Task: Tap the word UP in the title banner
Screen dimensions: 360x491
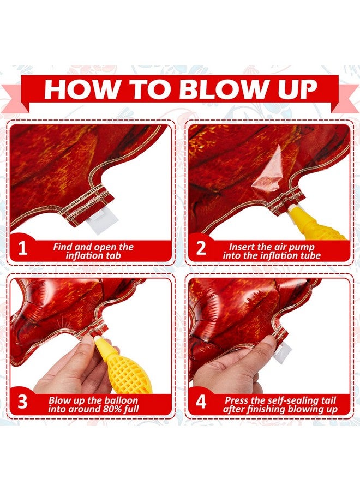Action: click(x=296, y=89)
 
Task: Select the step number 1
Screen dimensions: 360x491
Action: click(x=22, y=248)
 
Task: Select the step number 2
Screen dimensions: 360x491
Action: click(x=201, y=248)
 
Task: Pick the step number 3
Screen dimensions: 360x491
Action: click(x=22, y=402)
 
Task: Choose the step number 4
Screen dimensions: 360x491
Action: click(x=201, y=402)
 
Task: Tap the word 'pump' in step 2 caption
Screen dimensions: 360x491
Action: click(x=301, y=247)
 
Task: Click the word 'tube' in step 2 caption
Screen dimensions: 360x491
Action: click(x=308, y=255)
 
